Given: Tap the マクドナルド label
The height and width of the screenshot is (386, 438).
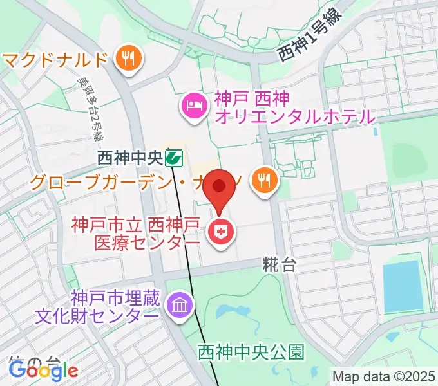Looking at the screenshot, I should pyautogui.click(x=54, y=60).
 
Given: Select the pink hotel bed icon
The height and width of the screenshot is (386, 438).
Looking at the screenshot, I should pyautogui.click(x=193, y=105).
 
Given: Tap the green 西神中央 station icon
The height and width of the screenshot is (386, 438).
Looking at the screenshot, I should pyautogui.click(x=173, y=156).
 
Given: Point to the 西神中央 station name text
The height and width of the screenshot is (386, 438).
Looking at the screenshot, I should pyautogui.click(x=129, y=157).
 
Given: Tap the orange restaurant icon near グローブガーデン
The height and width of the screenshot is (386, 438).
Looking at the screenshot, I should pyautogui.click(x=265, y=180).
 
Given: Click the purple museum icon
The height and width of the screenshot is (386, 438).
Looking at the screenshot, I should pyautogui.click(x=179, y=304).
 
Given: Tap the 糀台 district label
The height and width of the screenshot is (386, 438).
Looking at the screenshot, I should pyautogui.click(x=279, y=264).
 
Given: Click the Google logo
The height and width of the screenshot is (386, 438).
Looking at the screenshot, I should pyautogui.click(x=43, y=369).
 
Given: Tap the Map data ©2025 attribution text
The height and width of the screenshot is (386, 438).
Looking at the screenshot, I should pyautogui.click(x=385, y=376).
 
